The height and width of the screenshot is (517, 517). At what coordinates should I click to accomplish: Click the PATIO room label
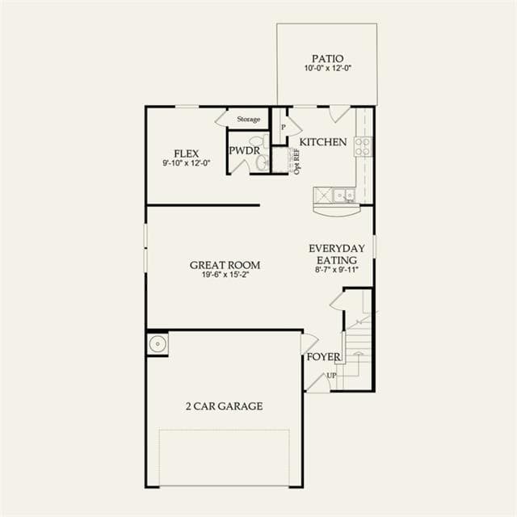328,59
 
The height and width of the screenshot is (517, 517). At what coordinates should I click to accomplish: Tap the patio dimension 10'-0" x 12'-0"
328,68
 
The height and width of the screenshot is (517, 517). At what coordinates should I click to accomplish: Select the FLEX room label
187,153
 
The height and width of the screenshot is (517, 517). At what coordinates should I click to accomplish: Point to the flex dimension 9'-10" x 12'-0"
187,163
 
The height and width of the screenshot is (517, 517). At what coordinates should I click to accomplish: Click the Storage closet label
249,119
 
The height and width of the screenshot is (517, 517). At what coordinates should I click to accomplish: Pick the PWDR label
244,151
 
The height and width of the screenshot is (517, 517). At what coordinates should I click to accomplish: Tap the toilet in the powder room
260,141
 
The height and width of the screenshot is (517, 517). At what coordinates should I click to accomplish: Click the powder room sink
263,162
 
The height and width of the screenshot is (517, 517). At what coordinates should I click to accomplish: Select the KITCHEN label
323,142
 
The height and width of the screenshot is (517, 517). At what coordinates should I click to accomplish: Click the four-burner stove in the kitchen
363,146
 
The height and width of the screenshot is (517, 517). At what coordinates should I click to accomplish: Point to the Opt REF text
296,162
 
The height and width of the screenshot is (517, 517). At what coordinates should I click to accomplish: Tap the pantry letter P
283,127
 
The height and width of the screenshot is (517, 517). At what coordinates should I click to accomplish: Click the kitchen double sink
343,195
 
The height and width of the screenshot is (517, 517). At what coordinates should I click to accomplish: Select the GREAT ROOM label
225,265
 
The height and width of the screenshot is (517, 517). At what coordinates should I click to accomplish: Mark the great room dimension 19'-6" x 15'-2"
225,275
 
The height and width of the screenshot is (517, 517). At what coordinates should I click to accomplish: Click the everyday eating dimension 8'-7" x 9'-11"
337,269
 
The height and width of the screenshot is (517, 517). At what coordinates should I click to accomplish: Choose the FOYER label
323,357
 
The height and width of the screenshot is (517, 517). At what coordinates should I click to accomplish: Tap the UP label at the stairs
331,375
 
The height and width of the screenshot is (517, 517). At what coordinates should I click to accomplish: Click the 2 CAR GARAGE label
225,406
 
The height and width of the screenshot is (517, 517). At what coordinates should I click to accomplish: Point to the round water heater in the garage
158,344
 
